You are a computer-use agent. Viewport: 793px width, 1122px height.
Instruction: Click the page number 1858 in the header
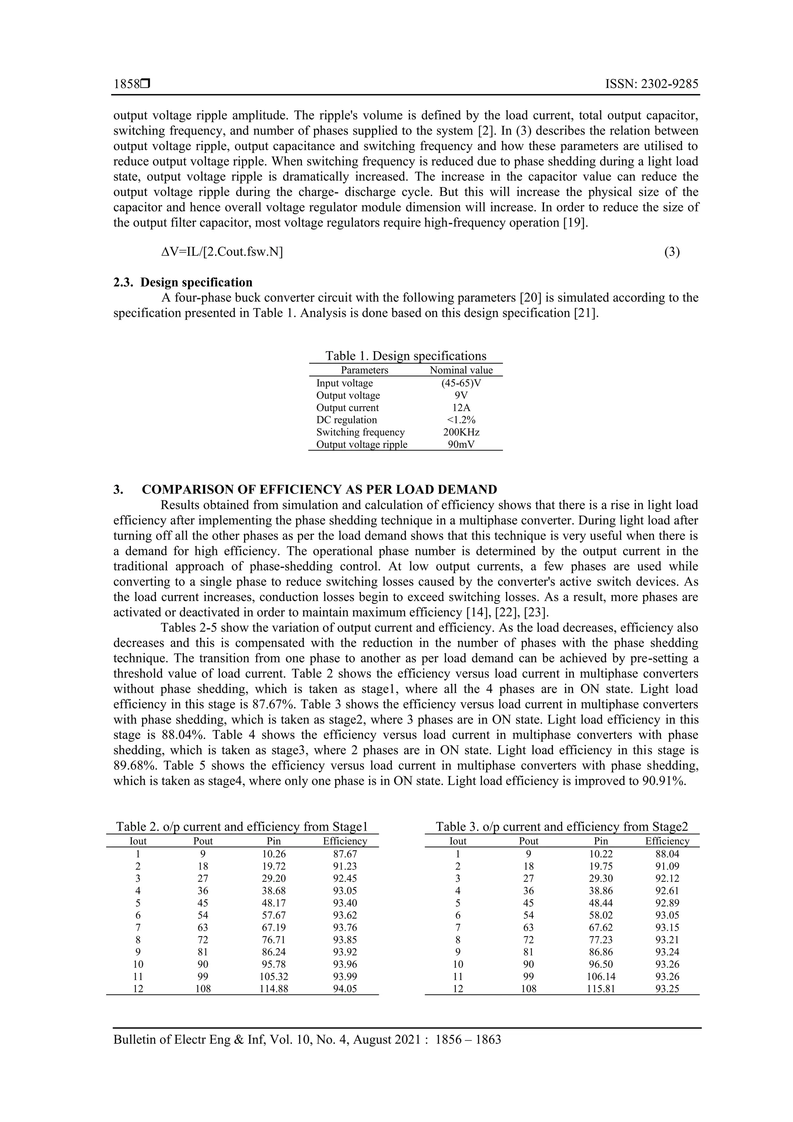(x=126, y=84)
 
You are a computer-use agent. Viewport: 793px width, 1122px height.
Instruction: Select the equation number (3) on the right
(x=672, y=252)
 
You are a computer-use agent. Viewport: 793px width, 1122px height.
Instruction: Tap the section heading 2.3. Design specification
(x=183, y=282)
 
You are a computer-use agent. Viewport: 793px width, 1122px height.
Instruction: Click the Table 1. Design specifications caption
(x=405, y=356)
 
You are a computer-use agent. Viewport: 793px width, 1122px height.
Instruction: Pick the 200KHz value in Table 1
(x=461, y=432)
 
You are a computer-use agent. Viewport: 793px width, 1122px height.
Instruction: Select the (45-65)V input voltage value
(x=461, y=383)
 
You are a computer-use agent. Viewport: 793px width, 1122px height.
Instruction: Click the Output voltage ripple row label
(x=362, y=444)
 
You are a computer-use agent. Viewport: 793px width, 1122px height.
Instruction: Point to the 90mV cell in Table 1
(x=461, y=444)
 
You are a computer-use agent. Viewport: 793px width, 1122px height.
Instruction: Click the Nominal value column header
(x=461, y=370)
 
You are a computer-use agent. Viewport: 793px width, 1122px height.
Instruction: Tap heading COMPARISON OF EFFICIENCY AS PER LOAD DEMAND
(x=319, y=489)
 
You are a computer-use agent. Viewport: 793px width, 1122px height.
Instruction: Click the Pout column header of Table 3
(x=529, y=841)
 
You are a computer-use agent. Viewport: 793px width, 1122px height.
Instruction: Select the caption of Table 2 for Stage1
(x=242, y=827)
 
